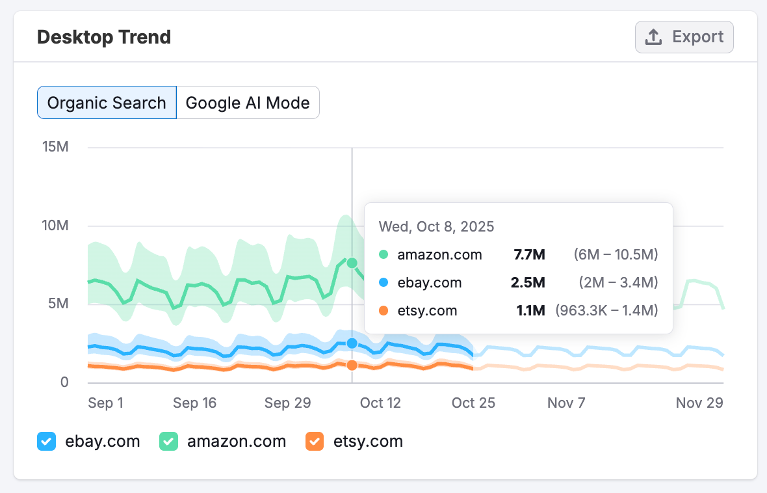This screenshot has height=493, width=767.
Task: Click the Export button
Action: (684, 37)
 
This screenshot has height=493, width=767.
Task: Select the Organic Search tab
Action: (107, 103)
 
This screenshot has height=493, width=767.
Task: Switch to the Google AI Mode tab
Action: (248, 103)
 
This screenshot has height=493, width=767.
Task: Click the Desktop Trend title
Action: (104, 37)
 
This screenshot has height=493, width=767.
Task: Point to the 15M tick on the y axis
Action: (55, 147)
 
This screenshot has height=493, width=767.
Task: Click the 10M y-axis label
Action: (55, 226)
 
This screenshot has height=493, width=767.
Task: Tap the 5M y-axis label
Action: (59, 304)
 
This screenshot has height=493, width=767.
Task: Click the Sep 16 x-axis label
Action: (194, 403)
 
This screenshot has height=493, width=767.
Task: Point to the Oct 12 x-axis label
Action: (380, 403)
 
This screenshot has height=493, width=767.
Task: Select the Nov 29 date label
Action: (699, 403)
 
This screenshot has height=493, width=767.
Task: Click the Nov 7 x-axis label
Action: (566, 403)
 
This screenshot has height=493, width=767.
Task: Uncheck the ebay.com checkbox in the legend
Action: (46, 442)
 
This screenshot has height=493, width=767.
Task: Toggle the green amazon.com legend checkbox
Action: (168, 442)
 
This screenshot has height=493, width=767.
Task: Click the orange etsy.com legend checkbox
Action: (315, 442)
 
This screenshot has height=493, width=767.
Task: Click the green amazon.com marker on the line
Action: (352, 263)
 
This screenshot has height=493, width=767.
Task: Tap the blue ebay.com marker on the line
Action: (352, 343)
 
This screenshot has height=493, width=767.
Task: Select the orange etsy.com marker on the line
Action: (352, 366)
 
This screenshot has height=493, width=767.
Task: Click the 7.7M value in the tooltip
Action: (529, 255)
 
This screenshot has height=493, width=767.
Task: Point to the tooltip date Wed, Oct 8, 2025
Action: (436, 227)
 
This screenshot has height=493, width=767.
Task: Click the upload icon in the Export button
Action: (653, 37)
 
